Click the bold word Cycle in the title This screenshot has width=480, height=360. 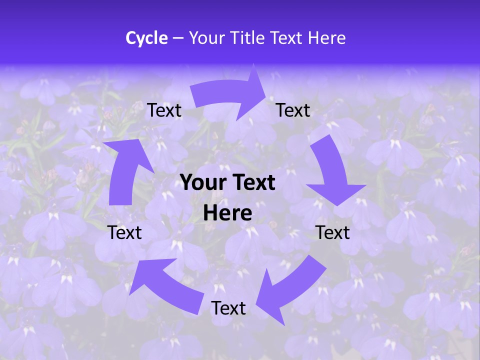click(x=146, y=38)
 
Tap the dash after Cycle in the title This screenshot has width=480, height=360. click(x=178, y=38)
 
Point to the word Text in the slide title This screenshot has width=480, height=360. click(x=287, y=38)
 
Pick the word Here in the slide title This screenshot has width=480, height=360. click(x=327, y=38)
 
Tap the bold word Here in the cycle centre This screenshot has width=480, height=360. click(x=227, y=213)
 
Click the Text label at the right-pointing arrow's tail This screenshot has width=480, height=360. click(x=164, y=110)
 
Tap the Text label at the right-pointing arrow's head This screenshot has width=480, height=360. click(x=293, y=110)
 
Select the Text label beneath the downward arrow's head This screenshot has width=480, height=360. click(x=333, y=232)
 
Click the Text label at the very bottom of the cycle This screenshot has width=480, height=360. click(x=228, y=308)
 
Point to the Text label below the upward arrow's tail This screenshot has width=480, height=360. click(x=125, y=232)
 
